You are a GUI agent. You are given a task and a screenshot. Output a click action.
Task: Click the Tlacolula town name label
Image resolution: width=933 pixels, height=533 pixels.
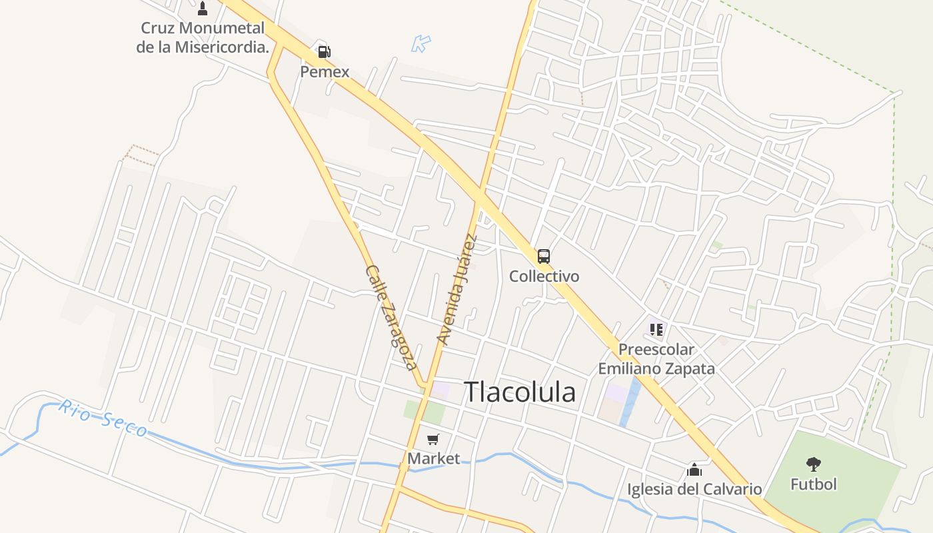click(x=520, y=392)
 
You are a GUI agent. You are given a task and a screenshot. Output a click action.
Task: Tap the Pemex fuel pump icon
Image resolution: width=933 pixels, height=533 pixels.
click(x=324, y=51)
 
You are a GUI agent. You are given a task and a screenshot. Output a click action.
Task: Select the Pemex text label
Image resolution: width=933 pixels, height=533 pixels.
click(x=325, y=71)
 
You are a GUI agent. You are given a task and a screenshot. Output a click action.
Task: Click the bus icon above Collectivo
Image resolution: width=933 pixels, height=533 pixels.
click(x=544, y=256)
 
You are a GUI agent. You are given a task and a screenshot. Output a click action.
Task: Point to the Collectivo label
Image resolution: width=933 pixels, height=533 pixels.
click(x=544, y=276)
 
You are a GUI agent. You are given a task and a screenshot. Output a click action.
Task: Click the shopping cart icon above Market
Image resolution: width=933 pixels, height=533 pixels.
click(x=433, y=439)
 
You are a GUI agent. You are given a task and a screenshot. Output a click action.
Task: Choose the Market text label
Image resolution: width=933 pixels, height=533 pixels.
click(x=434, y=458)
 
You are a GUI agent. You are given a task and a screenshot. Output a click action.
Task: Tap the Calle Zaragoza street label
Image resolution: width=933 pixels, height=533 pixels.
click(x=391, y=318)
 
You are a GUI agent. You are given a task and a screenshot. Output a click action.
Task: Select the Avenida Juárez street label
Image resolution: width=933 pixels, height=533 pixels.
click(x=457, y=290)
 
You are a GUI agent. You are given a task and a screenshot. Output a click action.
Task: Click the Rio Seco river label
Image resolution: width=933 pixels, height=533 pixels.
click(x=103, y=418)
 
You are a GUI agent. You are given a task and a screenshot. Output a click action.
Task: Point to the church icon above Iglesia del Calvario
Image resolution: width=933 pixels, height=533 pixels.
click(x=694, y=470)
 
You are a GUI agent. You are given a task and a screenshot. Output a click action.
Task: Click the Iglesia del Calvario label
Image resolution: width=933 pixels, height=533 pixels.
click(x=694, y=489)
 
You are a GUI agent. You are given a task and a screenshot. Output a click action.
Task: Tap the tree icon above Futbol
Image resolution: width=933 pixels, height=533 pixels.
click(x=813, y=464)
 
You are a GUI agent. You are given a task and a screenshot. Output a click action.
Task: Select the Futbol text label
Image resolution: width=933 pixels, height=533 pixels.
click(x=813, y=484)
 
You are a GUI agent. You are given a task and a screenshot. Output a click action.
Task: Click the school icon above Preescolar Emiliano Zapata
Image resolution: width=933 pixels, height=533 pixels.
click(x=656, y=329)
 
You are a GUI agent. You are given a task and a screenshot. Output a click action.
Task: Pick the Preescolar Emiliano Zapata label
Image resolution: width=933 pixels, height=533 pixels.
click(x=656, y=358)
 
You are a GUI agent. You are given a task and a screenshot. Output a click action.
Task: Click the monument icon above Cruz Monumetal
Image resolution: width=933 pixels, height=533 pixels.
click(x=203, y=9)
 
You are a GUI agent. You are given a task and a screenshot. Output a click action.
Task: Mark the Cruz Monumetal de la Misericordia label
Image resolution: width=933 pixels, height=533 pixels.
click(x=203, y=37)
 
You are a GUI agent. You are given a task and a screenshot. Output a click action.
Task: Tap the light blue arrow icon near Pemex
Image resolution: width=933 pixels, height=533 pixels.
click(x=421, y=44)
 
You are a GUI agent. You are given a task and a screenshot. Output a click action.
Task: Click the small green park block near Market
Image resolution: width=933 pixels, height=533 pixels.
click(x=425, y=412)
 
